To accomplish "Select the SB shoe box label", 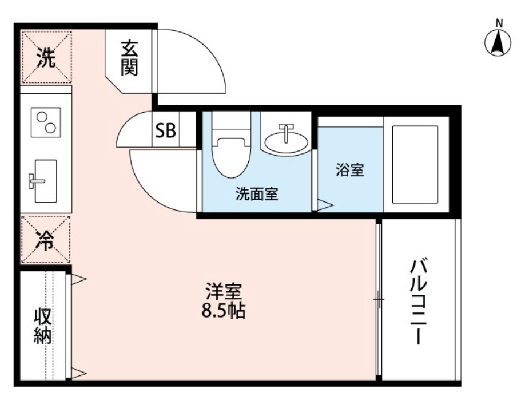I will tap(166, 131).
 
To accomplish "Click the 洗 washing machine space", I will tap(47, 58).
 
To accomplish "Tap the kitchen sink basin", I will tap(46, 181).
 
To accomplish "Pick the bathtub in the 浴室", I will tap(415, 164).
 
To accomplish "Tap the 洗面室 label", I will tap(257, 195).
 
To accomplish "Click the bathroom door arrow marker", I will tap(325, 205).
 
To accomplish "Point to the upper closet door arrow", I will tap(78, 279).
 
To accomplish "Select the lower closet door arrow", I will tap(78, 374).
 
